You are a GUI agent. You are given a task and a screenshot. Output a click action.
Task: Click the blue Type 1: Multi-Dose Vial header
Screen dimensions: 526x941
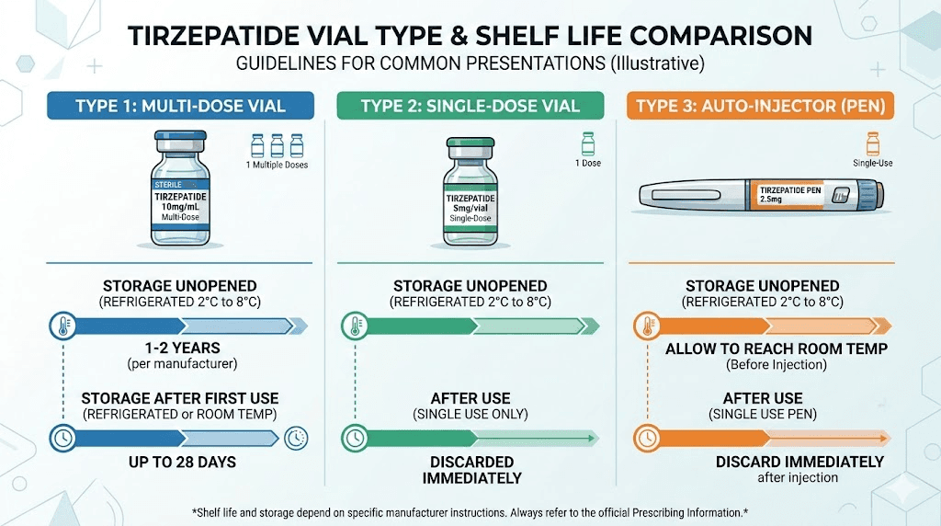[180, 106]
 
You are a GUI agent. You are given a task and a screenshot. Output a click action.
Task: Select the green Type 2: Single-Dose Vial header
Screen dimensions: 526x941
[470, 106]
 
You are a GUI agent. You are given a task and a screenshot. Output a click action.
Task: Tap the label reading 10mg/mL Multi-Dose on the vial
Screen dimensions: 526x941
[180, 212]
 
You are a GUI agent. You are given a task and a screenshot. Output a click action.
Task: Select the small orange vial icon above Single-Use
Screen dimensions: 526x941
[872, 144]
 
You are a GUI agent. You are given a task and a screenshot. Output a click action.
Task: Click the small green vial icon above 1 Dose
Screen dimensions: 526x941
[588, 144]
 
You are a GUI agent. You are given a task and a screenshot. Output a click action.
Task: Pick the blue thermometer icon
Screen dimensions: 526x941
[63, 325]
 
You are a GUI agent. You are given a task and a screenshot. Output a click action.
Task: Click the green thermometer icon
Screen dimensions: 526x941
[353, 325]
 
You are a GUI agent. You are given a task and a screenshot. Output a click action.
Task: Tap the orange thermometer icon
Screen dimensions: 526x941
[647, 325]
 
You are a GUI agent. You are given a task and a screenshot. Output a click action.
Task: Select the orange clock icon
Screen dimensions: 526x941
[647, 438]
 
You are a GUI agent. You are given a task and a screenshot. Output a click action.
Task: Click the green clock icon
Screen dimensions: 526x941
[353, 438]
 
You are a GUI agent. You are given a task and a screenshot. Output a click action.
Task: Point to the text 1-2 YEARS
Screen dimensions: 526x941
[180, 349]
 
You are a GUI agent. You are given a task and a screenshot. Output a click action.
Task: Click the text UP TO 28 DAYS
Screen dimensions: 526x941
[180, 461]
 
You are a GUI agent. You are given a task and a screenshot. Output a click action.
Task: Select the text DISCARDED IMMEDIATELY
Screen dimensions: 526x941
[471, 469]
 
